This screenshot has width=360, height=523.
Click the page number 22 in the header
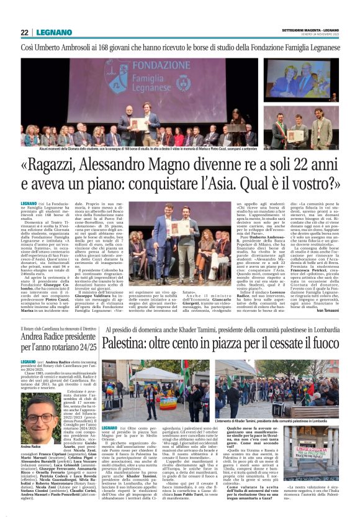click(24, 32)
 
